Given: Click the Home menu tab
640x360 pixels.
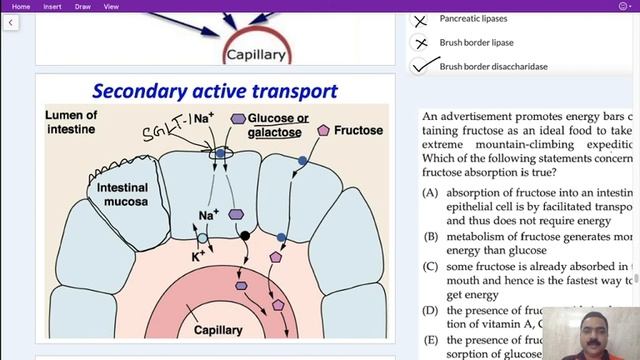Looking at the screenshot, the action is point(20,6).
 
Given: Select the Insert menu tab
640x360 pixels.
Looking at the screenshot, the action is point(52,6).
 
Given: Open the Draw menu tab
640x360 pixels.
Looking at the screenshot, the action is point(83,6).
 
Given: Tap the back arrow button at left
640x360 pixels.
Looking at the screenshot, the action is point(10,22).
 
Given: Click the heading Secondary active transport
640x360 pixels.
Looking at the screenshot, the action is point(215,91).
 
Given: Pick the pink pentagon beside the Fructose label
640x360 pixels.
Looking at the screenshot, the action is point(323,131).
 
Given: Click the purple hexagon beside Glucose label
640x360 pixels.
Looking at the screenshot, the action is point(238,118).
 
